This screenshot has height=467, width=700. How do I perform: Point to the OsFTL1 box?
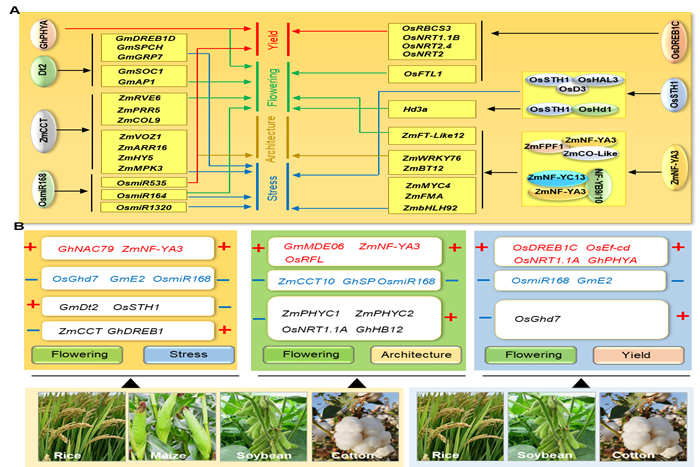pyautogui.click(x=423, y=74)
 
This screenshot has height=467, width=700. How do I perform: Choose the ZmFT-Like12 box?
pyautogui.click(x=432, y=135)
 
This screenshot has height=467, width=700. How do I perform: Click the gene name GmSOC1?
pyautogui.click(x=138, y=73)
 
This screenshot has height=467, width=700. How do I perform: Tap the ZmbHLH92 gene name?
pyautogui.click(x=432, y=208)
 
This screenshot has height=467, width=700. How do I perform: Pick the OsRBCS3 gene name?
pyautogui.click(x=426, y=29)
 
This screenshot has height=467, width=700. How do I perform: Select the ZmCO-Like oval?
pyautogui.click(x=589, y=153)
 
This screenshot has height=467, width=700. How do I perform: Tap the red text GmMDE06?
pyautogui.click(x=313, y=246)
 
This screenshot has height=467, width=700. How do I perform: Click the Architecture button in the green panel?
pyautogui.click(x=410, y=354)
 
